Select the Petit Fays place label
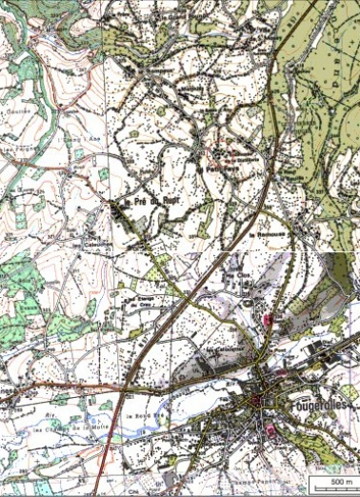click(223, 168)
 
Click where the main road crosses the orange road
click(128, 388)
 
